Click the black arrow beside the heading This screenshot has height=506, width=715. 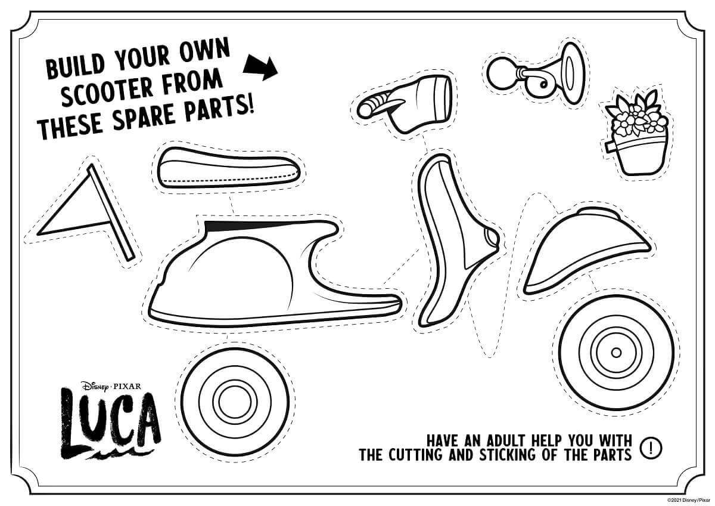click(x=260, y=69)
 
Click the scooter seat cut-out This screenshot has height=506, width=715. click(x=228, y=168)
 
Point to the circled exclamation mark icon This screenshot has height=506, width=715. click(x=651, y=449)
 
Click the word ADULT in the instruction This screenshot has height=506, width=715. click(x=506, y=441)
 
